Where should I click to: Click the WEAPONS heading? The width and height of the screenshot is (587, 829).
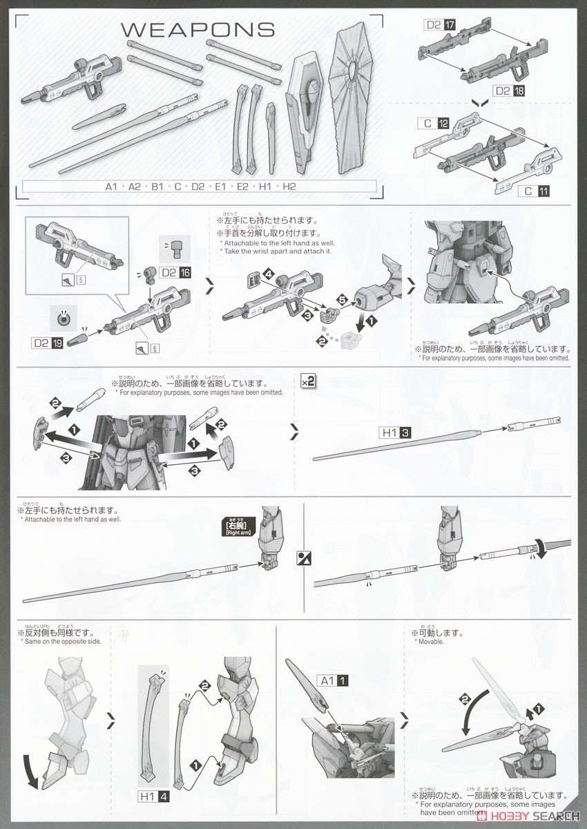point(198,30)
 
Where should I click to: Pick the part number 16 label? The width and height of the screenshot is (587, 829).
point(184,273)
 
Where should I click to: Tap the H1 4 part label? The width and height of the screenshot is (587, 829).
point(164,797)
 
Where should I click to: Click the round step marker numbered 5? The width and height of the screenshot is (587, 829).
point(341,299)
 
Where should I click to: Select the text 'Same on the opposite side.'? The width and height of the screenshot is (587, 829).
point(61,642)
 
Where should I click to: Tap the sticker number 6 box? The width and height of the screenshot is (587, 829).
point(156,347)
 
